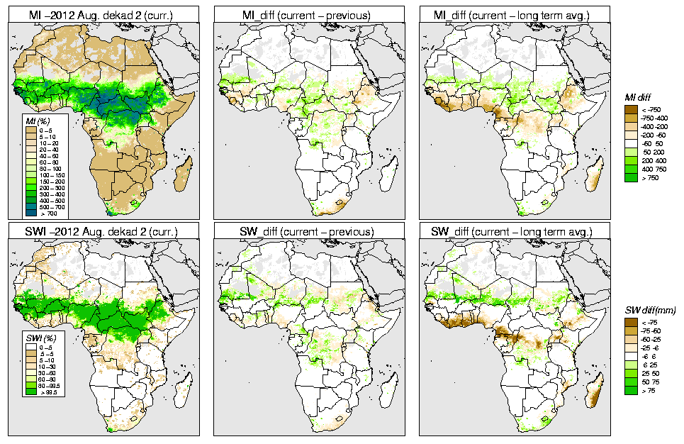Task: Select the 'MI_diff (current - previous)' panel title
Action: [306, 13]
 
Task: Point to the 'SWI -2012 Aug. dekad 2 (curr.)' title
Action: [101, 232]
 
